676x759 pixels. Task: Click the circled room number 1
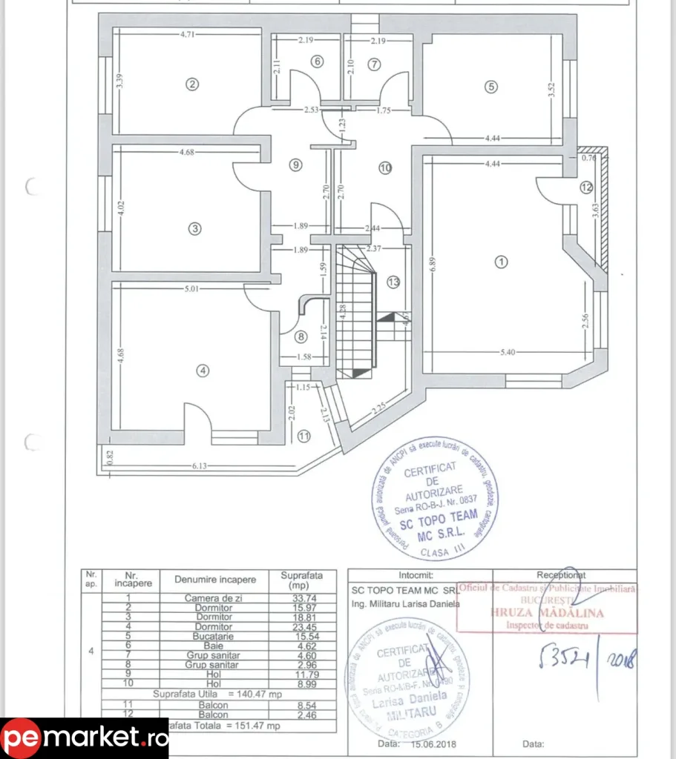pyautogui.click(x=502, y=261)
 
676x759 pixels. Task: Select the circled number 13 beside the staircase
pyautogui.click(x=393, y=282)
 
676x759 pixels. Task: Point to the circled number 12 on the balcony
pyautogui.click(x=586, y=187)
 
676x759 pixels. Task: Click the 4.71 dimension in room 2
pyautogui.click(x=188, y=34)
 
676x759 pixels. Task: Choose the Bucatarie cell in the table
pyautogui.click(x=215, y=636)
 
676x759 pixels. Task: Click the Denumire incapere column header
pyautogui.click(x=215, y=579)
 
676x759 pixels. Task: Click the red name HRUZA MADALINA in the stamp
pyautogui.click(x=546, y=613)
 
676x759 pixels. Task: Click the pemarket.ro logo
pyautogui.click(x=84, y=738)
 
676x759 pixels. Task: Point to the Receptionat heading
pyautogui.click(x=560, y=574)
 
